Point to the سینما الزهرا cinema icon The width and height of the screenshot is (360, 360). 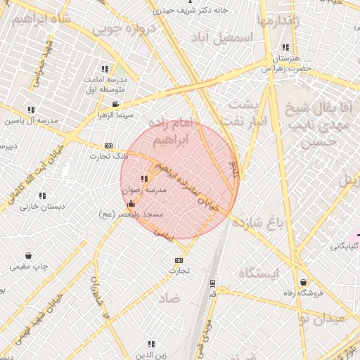point(116,105)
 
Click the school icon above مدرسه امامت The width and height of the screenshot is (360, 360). point(105,69)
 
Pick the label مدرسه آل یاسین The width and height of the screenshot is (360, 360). point(31,120)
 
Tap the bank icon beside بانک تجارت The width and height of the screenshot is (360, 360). point(108,146)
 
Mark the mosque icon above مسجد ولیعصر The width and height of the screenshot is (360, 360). point(131,204)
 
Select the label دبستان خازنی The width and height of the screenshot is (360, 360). point(42,206)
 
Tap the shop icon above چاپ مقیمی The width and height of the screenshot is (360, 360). point(28,255)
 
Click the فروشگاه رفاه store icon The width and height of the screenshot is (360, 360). point(303,282)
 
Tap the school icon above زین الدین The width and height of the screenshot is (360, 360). point(151,344)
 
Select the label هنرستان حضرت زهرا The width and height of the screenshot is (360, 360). point(285,63)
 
